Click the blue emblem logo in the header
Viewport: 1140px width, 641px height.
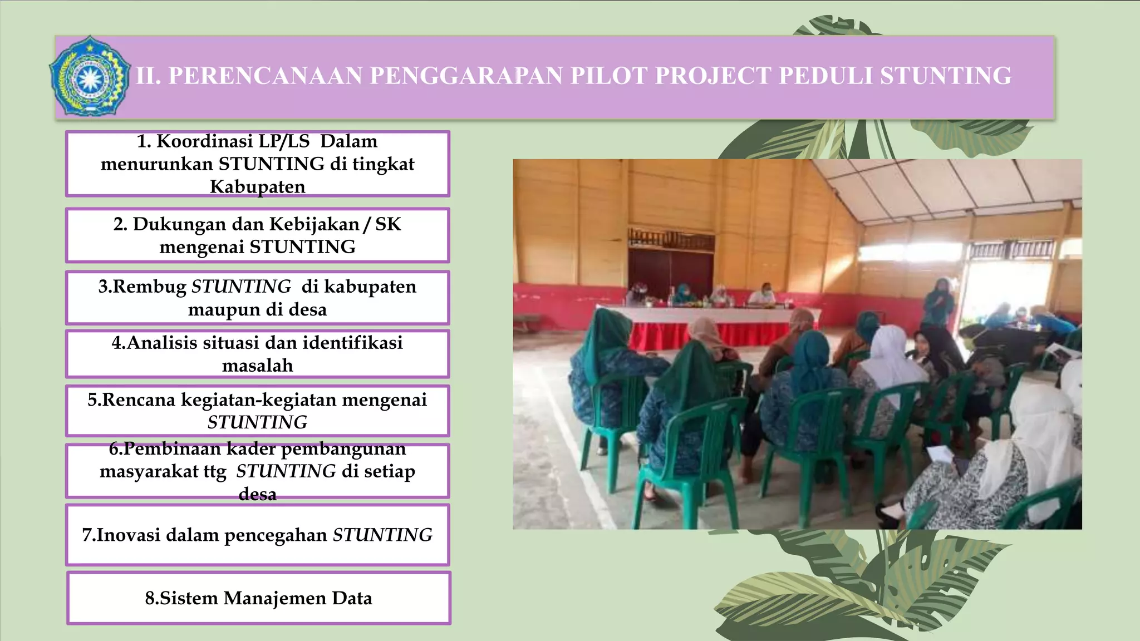89,76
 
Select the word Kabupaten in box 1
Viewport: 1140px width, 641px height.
257,186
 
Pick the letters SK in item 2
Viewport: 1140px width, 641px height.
388,224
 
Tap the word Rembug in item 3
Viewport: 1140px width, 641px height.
149,286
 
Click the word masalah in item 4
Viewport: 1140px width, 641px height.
257,366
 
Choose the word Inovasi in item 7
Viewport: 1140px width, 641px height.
128,535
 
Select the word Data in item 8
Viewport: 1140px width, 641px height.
352,598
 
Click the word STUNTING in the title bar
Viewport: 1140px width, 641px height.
945,76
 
